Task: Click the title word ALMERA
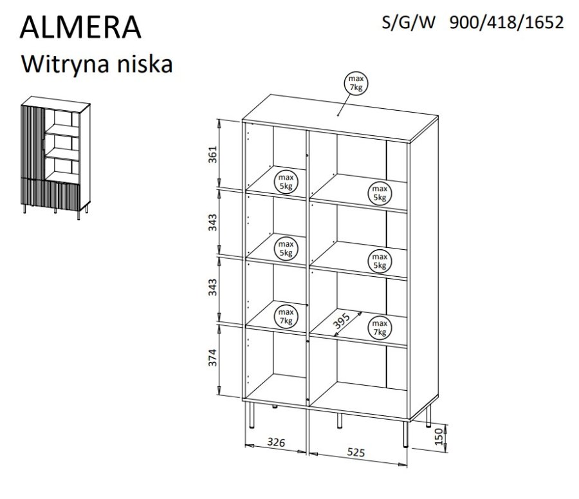click(82, 28)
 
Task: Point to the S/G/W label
click(409, 23)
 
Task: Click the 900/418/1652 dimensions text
click(506, 23)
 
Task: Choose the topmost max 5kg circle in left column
click(285, 181)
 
